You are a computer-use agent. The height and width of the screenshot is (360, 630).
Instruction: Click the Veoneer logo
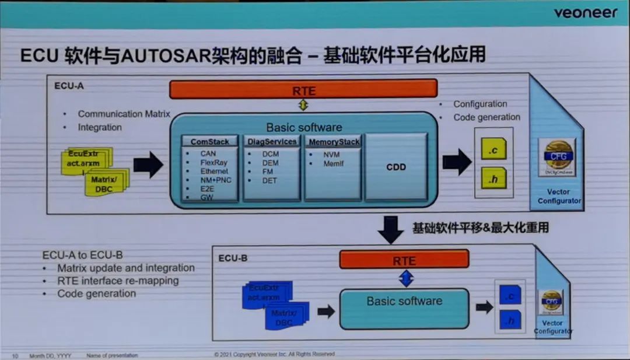[x=584, y=13]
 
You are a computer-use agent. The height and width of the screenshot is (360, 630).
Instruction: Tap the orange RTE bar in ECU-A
[x=303, y=89]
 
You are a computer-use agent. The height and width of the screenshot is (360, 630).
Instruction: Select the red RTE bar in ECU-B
[x=404, y=260]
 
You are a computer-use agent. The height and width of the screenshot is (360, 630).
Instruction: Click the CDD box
[x=396, y=167]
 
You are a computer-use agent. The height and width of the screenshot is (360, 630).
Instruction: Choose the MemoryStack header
[x=334, y=142]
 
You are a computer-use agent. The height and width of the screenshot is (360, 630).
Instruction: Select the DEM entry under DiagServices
[x=270, y=163]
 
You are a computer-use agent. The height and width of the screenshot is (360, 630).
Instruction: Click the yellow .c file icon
[x=493, y=149]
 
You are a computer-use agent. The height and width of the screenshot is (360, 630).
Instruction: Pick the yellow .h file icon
[x=493, y=178]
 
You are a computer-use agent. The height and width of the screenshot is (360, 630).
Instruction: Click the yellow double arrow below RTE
[x=303, y=106]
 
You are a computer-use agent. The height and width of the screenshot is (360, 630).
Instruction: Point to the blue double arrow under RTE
[x=405, y=278]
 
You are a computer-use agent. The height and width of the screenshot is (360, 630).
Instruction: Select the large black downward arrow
[x=390, y=229]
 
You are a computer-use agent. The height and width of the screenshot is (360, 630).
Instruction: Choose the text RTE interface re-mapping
[x=118, y=281]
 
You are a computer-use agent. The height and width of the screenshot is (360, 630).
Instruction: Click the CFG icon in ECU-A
[x=556, y=156]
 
